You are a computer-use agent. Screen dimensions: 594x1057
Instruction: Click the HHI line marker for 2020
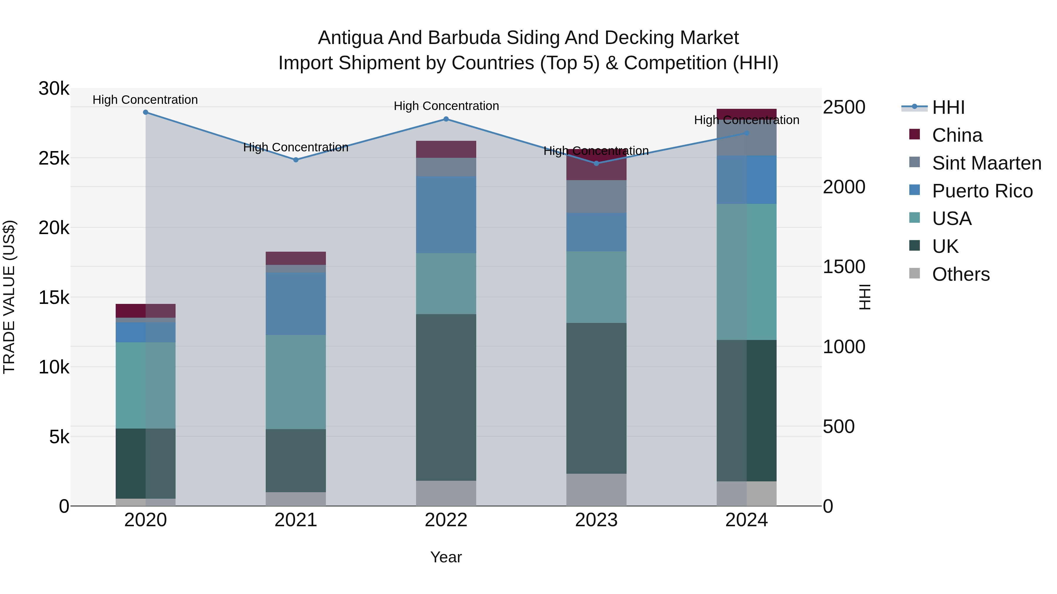coord(146,112)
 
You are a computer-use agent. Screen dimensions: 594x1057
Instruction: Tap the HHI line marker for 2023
coord(597,164)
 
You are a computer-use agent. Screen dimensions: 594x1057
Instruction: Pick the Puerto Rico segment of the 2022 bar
coord(446,215)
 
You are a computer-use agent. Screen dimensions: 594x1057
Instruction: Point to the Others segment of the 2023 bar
coord(596,490)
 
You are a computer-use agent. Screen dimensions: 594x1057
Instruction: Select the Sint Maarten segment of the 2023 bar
coord(596,196)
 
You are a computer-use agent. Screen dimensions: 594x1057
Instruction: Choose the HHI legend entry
coord(948,107)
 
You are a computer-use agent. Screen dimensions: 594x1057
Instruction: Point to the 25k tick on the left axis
coord(54,158)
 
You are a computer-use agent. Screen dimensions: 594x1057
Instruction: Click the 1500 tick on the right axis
coord(844,267)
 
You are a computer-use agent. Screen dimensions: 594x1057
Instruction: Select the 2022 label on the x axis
coord(446,520)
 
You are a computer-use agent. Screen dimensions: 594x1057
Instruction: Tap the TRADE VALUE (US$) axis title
coord(9,297)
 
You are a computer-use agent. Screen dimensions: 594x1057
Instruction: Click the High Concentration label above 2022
coord(446,106)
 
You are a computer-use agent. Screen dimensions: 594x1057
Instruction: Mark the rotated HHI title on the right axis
coord(865,297)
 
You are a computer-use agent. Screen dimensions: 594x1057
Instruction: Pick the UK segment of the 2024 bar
coord(746,410)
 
